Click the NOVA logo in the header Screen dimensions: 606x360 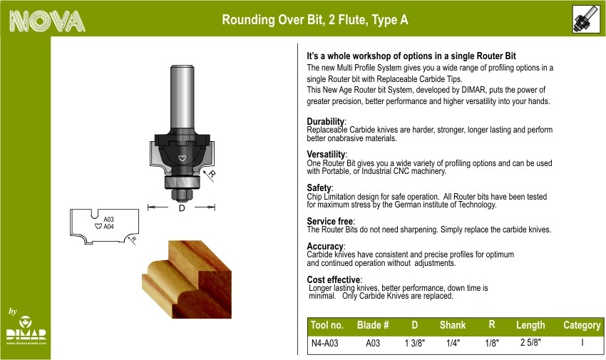coord(47,21)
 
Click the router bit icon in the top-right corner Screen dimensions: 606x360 coord(586,19)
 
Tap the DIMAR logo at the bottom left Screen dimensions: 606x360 coord(26,329)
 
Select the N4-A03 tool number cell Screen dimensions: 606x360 coord(324,343)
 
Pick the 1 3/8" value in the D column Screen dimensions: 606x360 coord(415,343)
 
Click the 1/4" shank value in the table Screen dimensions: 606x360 coord(453,343)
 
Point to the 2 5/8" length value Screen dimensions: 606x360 coord(530,342)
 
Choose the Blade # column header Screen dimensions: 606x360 coord(373,325)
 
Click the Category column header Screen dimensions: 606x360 coord(582,325)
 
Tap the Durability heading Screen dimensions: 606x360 coord(326,122)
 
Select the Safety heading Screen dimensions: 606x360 coord(319,187)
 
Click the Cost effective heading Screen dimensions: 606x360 coord(334,279)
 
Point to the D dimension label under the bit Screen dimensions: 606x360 coord(182,208)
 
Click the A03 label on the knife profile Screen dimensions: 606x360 coord(108,220)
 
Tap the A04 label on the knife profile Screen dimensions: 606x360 coord(108,227)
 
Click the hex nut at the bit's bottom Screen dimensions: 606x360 coord(182,195)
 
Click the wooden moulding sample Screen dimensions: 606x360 coord(187,279)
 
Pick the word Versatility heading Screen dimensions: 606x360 coord(327,155)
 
